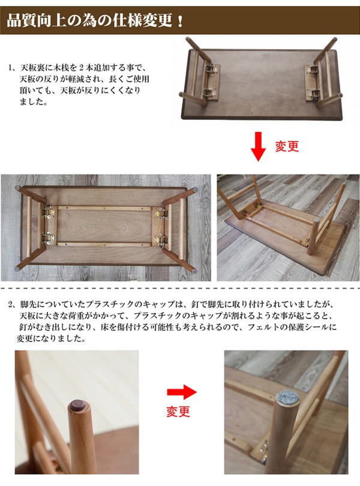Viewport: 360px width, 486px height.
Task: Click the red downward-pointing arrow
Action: pyautogui.click(x=259, y=147)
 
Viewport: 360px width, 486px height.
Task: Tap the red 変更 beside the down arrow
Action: pyautogui.click(x=287, y=146)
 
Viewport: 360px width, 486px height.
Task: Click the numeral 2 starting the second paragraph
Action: pyautogui.click(x=11, y=305)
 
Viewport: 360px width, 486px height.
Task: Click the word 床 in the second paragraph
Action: pyautogui.click(x=96, y=328)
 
